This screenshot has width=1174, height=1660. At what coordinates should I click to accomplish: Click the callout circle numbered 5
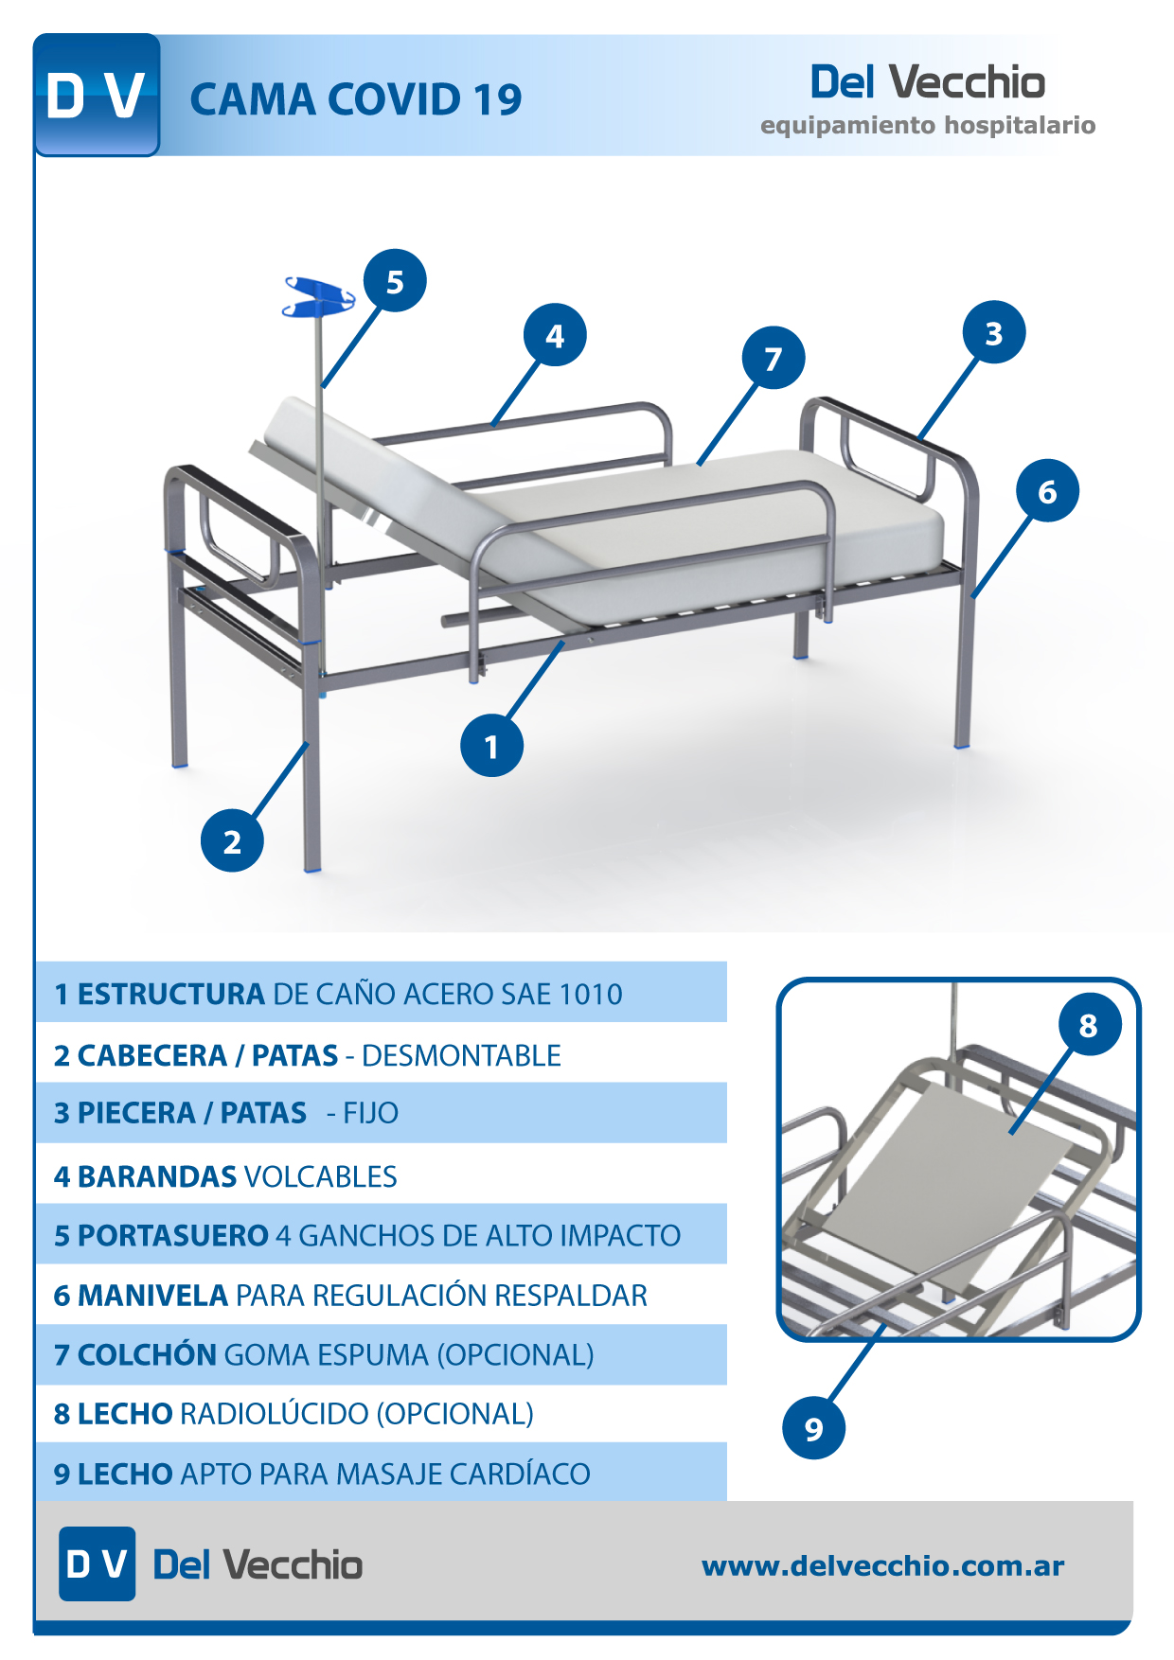point(395,281)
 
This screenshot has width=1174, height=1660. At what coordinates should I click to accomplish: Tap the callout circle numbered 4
point(555,335)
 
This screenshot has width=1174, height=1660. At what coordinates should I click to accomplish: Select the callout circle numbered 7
point(774,359)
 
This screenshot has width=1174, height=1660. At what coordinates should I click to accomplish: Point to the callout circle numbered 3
point(994,333)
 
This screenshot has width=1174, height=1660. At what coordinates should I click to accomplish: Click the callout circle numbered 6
point(1047,491)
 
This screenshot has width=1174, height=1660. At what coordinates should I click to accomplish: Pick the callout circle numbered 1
point(491,747)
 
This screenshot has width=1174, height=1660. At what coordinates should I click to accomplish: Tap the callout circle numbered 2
point(232,841)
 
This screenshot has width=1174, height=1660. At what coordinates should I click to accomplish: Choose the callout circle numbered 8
point(1089,1024)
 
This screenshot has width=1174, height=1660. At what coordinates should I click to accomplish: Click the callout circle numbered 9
point(814,1428)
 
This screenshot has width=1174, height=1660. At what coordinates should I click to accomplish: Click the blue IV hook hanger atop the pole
point(320,296)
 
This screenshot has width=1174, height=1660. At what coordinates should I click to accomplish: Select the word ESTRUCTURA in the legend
point(170,994)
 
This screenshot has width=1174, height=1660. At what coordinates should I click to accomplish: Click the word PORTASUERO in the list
point(173,1235)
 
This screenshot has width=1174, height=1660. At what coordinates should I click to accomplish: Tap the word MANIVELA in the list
point(152,1295)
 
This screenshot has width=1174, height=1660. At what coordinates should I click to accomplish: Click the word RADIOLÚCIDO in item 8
point(274,1413)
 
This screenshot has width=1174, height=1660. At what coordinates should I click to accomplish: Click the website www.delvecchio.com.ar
point(883,1565)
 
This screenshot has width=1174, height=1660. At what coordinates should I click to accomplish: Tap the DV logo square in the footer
point(97,1563)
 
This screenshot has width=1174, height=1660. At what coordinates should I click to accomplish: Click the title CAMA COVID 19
point(356,99)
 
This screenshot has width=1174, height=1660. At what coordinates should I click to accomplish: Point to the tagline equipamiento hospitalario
point(928,126)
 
